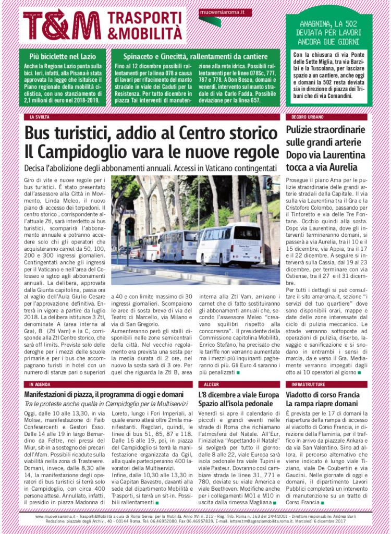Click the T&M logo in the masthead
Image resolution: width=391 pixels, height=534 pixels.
[62, 25]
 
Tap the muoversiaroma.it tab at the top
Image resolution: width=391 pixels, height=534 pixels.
[225, 11]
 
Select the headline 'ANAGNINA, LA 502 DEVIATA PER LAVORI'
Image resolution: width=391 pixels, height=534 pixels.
[328, 32]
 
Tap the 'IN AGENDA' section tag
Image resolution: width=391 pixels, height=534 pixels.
[40, 383]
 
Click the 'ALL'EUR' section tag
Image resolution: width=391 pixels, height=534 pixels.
[211, 383]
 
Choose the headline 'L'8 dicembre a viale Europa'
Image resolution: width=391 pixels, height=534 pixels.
[239, 394]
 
